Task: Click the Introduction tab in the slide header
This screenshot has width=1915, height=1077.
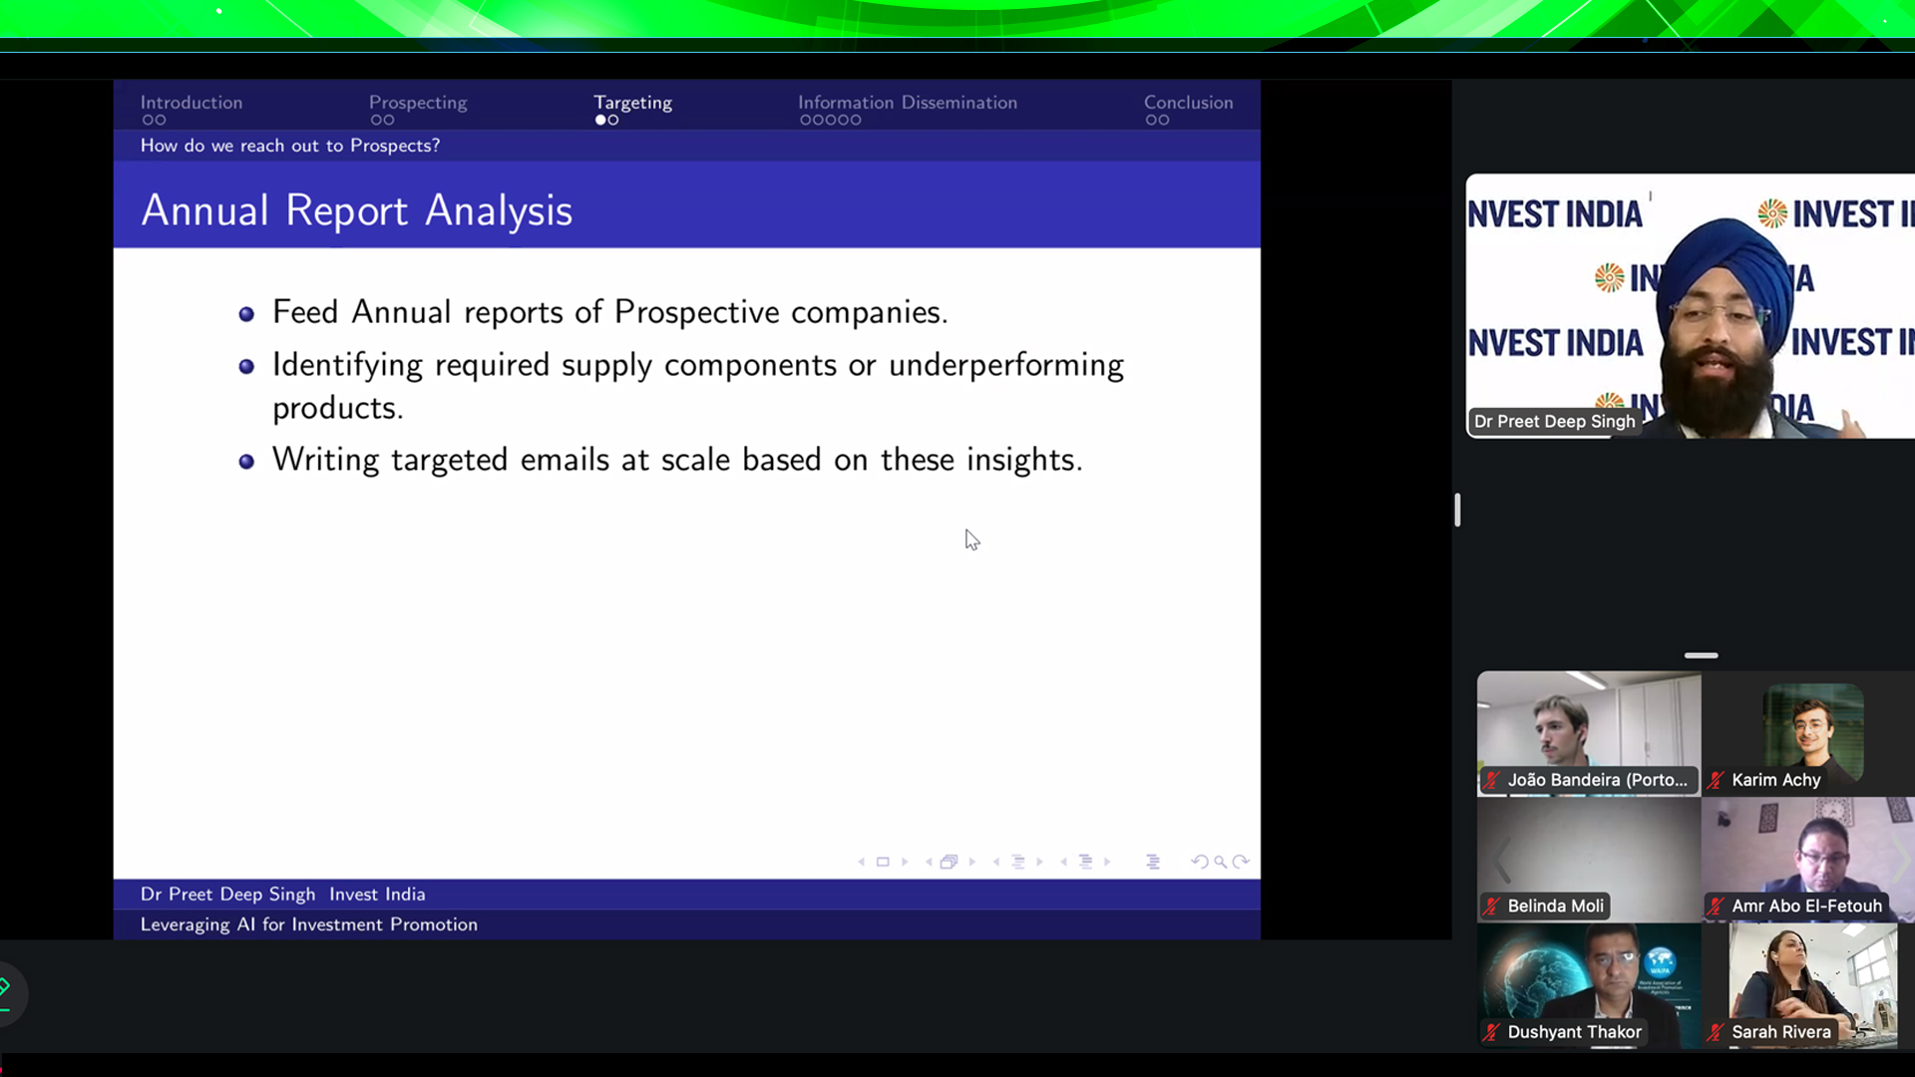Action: (191, 103)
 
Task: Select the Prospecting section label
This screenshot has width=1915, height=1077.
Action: (418, 103)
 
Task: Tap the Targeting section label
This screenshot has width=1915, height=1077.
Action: (632, 103)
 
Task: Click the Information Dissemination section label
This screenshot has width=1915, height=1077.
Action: (908, 103)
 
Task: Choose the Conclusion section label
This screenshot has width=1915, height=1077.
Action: (1188, 103)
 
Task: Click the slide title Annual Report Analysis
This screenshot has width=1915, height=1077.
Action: (357, 210)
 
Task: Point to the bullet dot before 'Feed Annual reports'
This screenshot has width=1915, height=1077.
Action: (246, 315)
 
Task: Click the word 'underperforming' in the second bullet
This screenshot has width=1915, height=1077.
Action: (1006, 366)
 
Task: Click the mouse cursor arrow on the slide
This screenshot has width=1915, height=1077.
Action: (971, 539)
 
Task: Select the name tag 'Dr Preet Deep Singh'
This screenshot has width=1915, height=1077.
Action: (1554, 422)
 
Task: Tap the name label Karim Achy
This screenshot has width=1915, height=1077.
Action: (1775, 780)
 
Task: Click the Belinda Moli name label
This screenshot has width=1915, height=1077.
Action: (1555, 905)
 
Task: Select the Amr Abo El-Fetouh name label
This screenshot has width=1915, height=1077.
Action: (1806, 905)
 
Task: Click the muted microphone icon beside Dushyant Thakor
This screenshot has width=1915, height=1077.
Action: (1491, 1032)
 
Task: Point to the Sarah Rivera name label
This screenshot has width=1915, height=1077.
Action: (1780, 1032)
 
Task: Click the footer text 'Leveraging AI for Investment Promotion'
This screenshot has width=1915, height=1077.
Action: (309, 924)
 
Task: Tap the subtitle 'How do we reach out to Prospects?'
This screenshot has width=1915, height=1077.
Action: (290, 146)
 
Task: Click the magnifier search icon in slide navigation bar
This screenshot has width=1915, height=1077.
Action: (1220, 862)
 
